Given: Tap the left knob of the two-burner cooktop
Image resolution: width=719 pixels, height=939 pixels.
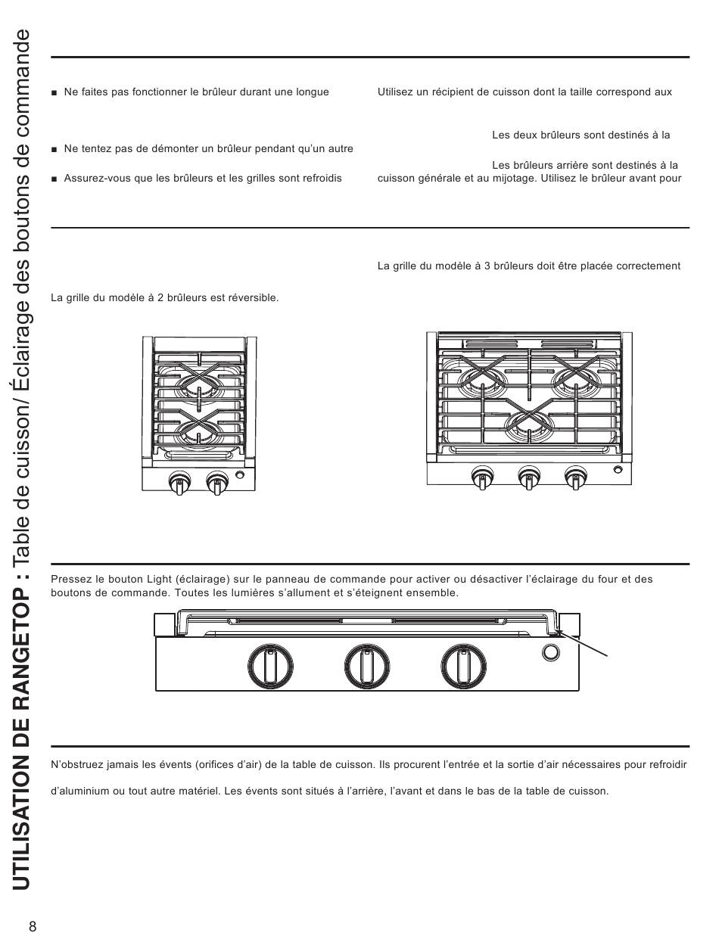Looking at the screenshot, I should (179, 482).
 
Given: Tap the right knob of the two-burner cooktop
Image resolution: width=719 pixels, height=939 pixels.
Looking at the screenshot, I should (217, 482).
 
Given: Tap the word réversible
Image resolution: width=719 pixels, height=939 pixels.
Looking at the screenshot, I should (255, 298).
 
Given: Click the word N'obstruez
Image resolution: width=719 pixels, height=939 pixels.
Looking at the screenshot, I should (76, 765).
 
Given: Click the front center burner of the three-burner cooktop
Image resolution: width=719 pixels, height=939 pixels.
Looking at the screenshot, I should (528, 426).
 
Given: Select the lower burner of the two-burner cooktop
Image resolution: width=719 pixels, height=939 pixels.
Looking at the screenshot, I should (198, 431).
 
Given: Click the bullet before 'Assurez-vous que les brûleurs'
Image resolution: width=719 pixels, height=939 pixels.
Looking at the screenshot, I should (54, 179).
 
